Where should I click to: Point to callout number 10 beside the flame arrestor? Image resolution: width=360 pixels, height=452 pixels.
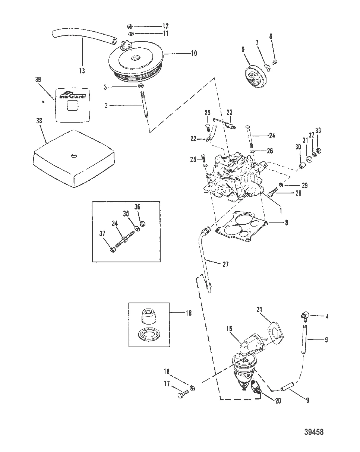[x=194, y=53]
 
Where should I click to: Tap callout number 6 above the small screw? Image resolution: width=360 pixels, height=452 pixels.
[x=271, y=36]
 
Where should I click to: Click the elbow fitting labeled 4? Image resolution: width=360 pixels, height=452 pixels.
[x=304, y=317]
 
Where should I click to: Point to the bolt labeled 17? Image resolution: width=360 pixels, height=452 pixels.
[x=181, y=396]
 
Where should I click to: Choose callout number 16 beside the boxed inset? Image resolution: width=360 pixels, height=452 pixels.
[x=188, y=313]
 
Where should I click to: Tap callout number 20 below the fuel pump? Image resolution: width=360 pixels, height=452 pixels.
[x=278, y=401]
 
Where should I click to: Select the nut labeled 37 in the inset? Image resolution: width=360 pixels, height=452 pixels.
[x=114, y=249]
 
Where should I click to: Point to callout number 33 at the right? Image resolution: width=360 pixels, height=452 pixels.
[x=318, y=130]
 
